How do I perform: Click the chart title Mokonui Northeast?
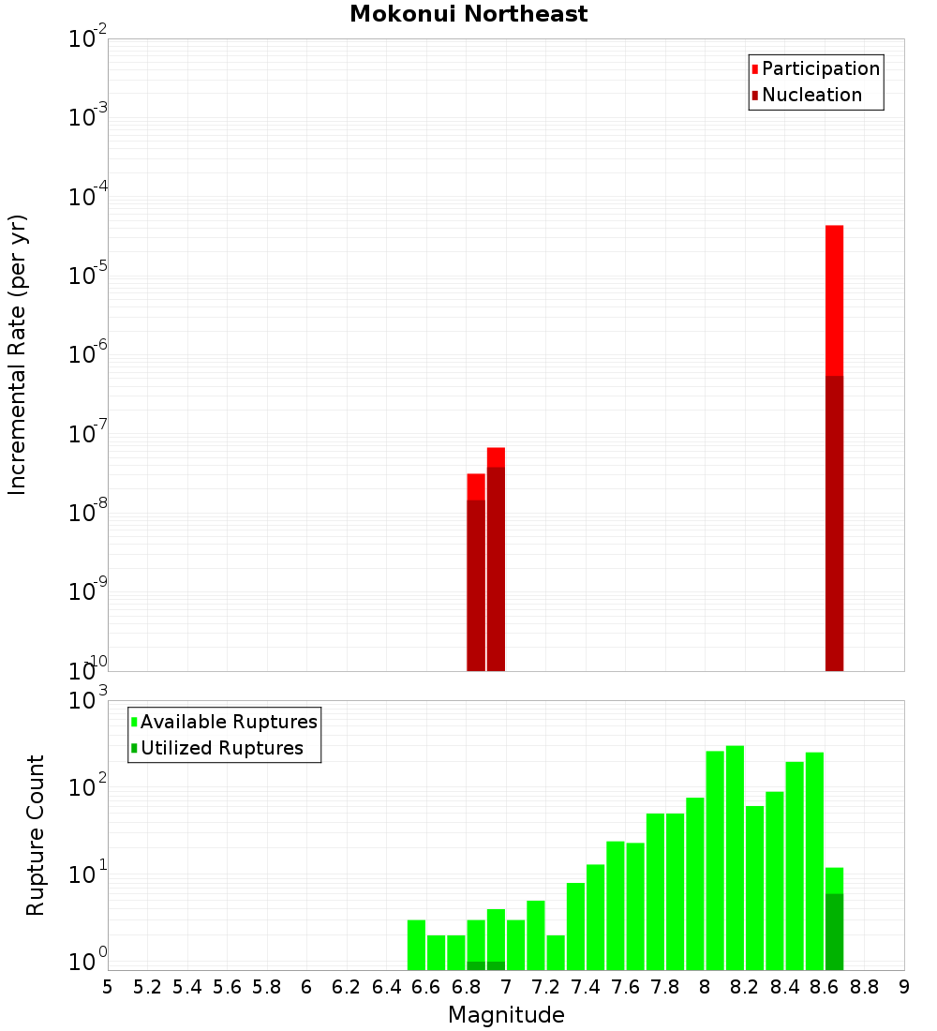pyautogui.click(x=468, y=14)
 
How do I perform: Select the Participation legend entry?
pyautogui.click(x=815, y=68)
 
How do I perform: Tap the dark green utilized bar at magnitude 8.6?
pyautogui.click(x=834, y=932)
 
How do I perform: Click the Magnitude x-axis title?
pyautogui.click(x=506, y=1015)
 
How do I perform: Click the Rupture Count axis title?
pyautogui.click(x=36, y=835)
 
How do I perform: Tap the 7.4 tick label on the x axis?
pyautogui.click(x=585, y=987)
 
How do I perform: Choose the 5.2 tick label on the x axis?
pyautogui.click(x=147, y=987)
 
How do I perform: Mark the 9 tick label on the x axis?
pyautogui.click(x=903, y=987)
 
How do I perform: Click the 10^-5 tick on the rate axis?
pyautogui.click(x=88, y=276)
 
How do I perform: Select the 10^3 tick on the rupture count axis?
pyautogui.click(x=88, y=701)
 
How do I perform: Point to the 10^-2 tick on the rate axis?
pyautogui.click(x=88, y=40)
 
